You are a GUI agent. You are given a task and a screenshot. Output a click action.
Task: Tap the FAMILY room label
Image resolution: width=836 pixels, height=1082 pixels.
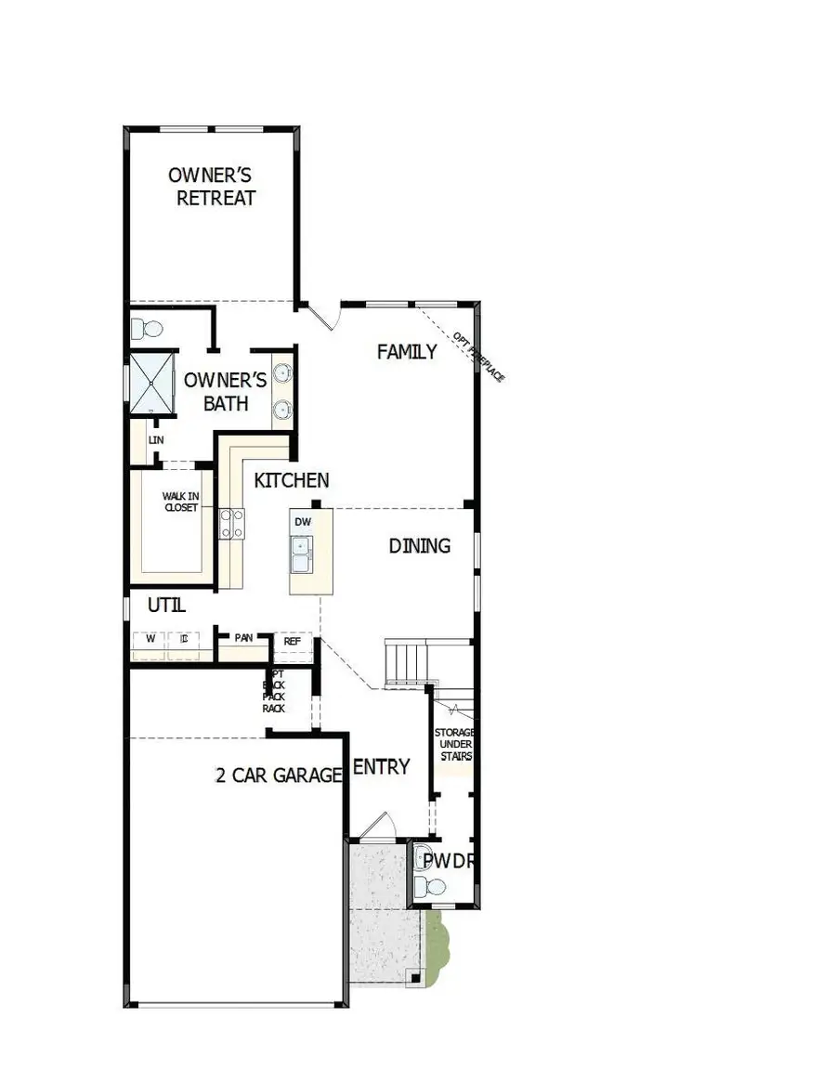click(x=407, y=352)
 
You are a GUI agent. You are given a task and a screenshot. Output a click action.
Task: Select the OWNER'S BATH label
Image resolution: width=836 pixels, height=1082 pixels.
click(x=226, y=391)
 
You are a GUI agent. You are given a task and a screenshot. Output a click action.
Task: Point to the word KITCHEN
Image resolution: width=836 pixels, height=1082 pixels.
click(x=292, y=480)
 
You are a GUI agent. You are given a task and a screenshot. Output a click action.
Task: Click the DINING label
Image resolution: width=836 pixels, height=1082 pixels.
click(x=419, y=545)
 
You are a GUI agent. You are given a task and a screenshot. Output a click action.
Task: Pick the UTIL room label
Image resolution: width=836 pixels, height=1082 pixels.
click(x=167, y=606)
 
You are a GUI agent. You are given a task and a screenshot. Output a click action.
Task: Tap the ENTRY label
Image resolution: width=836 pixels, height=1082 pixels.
click(x=381, y=766)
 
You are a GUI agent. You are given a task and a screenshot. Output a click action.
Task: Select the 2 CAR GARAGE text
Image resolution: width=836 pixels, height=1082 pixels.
click(x=279, y=776)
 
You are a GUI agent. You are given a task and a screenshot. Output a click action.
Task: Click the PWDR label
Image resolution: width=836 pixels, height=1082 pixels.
click(x=450, y=861)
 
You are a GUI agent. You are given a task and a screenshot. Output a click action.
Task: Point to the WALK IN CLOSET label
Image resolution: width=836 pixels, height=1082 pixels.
click(x=181, y=502)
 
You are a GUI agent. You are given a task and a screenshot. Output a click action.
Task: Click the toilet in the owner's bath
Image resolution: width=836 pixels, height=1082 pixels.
click(x=146, y=329)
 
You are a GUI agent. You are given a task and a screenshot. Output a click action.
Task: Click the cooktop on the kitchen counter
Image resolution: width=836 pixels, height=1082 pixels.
click(x=231, y=524)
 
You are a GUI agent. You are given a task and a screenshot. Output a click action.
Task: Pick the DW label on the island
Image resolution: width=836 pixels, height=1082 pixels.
click(x=303, y=522)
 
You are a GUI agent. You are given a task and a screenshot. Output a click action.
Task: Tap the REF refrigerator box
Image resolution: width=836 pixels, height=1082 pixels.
click(x=292, y=640)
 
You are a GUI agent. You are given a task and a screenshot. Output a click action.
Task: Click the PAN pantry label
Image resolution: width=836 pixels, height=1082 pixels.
click(x=243, y=638)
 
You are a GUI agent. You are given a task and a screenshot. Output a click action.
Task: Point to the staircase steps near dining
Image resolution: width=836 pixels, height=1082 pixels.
click(x=407, y=662)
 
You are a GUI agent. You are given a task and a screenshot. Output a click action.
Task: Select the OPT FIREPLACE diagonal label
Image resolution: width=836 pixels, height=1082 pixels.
click(x=479, y=358)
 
